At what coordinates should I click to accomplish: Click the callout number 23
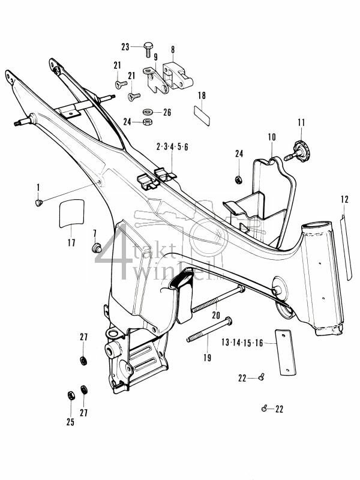pos(125,47)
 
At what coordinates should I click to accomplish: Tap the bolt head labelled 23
pos(147,46)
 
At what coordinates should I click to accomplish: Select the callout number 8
pos(173,50)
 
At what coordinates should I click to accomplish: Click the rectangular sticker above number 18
pos(201,114)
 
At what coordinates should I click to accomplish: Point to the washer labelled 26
pos(148,112)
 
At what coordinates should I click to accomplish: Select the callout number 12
pos(344,199)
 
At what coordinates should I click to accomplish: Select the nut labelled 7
pos(95,248)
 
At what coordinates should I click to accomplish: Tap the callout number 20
pos(215,314)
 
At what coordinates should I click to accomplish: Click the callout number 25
pos(70,422)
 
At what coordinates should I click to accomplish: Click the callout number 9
pos(155,58)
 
